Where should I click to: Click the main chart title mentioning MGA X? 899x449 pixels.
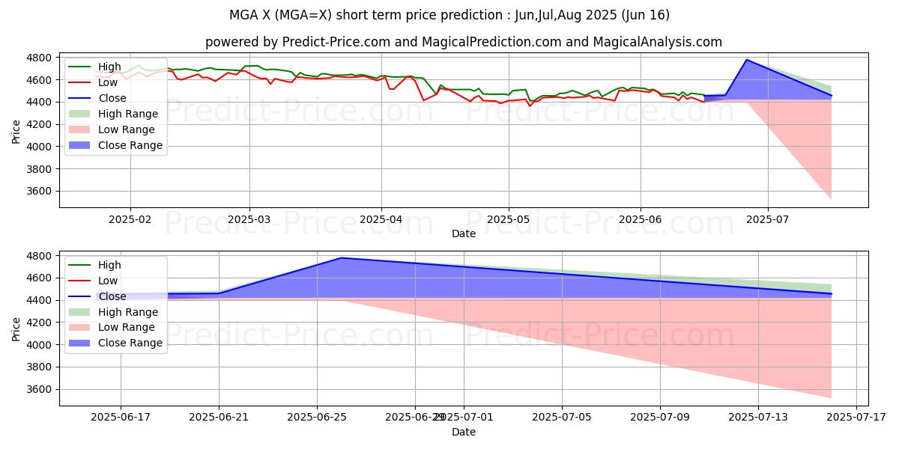coord(449,15)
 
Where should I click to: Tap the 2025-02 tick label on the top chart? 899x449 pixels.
coord(130,219)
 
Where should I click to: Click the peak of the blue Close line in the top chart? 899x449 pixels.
coord(746,60)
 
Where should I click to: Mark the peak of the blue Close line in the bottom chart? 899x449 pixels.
coord(342,258)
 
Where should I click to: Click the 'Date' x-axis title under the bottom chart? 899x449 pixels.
coord(464,432)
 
